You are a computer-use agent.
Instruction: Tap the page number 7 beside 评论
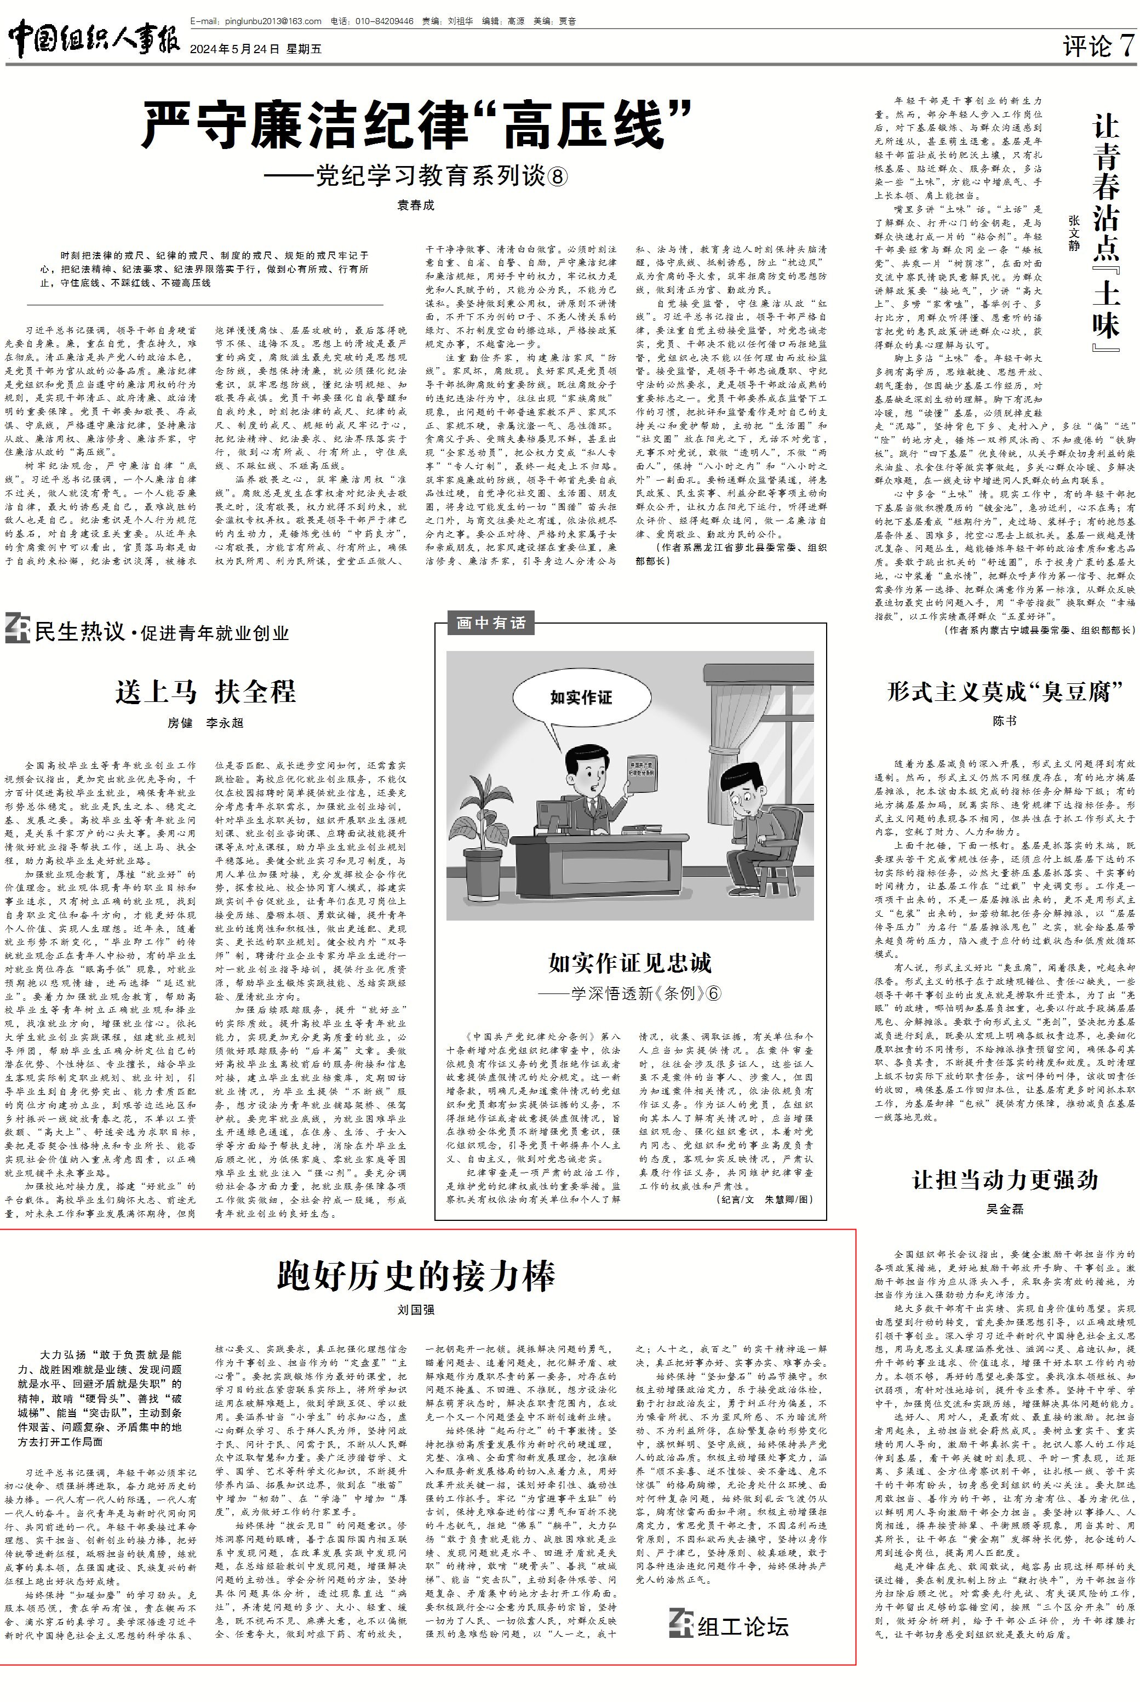coord(1126,46)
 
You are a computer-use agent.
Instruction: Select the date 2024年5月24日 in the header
coord(234,49)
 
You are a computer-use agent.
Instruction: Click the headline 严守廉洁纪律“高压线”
coord(416,125)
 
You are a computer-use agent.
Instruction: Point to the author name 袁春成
coord(415,205)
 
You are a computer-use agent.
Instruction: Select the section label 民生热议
coord(79,632)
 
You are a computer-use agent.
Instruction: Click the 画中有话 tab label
coord(491,623)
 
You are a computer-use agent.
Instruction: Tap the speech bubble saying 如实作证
coord(581,698)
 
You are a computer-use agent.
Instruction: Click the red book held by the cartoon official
coord(641,772)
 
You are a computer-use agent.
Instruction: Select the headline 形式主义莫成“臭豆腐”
coord(1004,692)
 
